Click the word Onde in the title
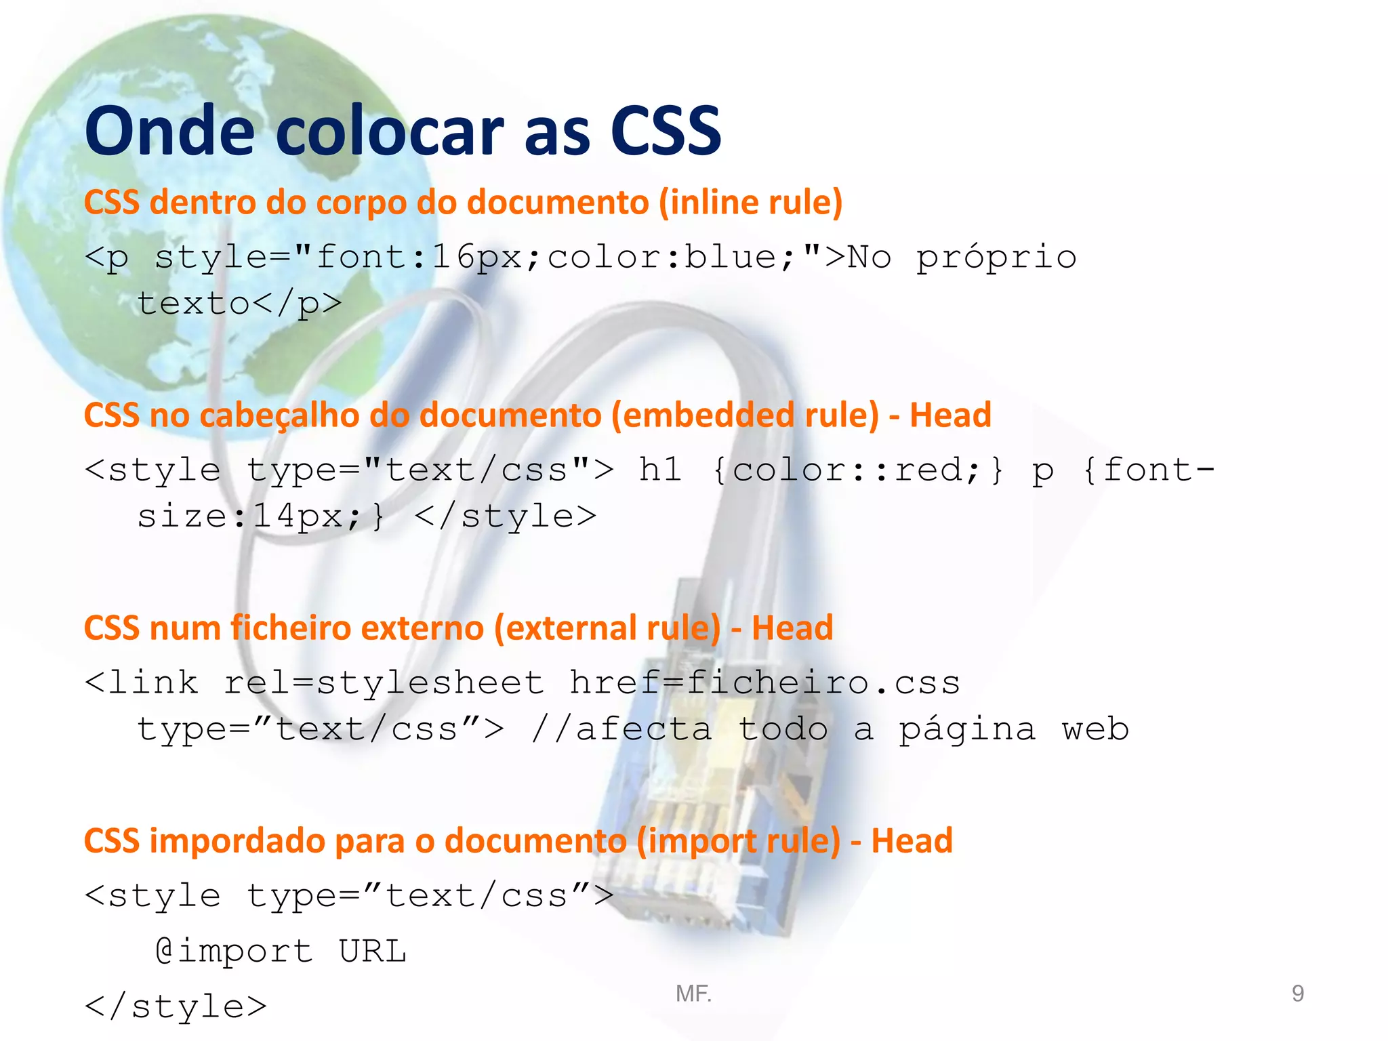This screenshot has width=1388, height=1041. [169, 131]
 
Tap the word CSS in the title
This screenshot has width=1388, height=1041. [666, 131]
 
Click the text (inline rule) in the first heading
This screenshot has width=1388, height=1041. [750, 203]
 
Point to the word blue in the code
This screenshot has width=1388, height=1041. [730, 258]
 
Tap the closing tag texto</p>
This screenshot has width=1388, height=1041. [239, 304]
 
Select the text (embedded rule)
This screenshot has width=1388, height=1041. [745, 415]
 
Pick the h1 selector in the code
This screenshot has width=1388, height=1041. [659, 470]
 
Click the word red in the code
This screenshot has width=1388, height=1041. [936, 470]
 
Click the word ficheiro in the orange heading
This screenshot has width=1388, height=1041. [291, 628]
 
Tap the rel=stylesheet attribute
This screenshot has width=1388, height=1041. [384, 682]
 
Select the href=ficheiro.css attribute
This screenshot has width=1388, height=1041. [764, 682]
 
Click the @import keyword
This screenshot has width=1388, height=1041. [234, 951]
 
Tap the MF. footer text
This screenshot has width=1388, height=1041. [693, 994]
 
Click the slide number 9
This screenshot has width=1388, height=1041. [1297, 994]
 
